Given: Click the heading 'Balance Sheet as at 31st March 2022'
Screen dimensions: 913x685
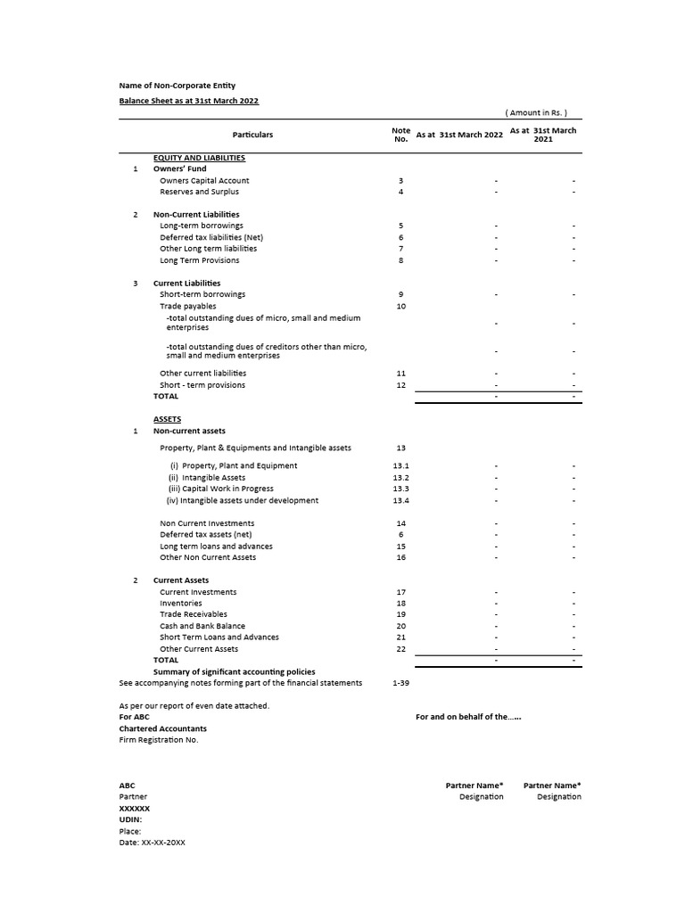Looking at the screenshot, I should [189, 101].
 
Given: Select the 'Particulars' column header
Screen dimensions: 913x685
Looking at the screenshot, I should [252, 135].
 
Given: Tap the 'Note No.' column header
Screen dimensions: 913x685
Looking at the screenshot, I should [400, 135].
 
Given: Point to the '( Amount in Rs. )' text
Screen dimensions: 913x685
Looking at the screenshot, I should [536, 113].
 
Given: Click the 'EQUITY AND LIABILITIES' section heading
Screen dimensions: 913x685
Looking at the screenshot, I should [199, 158].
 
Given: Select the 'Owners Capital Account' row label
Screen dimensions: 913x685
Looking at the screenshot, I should [204, 180].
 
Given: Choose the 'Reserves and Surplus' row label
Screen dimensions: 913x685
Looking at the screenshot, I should [199, 192].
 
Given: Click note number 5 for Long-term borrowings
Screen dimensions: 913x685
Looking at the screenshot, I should [401, 226].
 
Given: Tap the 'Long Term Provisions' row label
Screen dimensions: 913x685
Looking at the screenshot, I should [199, 260].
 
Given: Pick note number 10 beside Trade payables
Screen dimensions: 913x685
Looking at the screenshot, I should [401, 306].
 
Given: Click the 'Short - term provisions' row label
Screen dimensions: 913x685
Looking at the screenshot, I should [202, 385].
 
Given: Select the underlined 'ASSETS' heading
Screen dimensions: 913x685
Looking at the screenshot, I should [167, 419].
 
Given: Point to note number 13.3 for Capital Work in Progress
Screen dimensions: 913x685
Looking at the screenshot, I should [401, 489].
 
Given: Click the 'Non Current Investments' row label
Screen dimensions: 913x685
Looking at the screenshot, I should [207, 523].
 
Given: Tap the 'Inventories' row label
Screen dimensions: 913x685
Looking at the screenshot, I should [180, 604].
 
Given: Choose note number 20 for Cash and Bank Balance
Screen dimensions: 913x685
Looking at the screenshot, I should [401, 626].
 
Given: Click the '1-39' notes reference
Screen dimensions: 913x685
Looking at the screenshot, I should [401, 683].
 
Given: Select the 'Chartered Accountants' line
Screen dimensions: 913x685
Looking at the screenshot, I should [162, 728].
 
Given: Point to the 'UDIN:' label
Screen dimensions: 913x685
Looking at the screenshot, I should [130, 819].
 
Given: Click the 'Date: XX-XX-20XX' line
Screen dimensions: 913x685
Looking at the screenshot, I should [152, 843].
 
